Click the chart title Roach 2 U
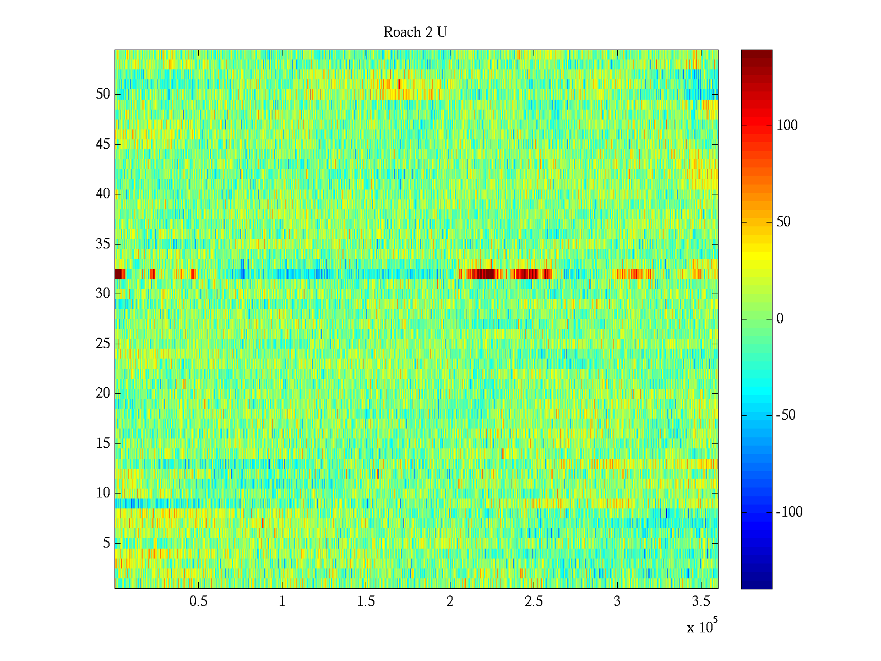point(415,32)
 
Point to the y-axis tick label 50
point(103,94)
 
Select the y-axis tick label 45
point(103,144)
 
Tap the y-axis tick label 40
point(103,194)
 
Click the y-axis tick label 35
point(103,244)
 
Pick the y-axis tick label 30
point(103,294)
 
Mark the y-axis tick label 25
point(103,344)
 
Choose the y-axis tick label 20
point(103,393)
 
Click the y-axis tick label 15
point(103,443)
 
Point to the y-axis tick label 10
point(103,493)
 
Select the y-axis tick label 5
point(106,543)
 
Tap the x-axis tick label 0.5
point(198,602)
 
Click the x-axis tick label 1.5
point(366,602)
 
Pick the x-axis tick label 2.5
point(534,602)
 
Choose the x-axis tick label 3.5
point(701,602)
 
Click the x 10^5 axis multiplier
point(700,627)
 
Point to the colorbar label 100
point(787,126)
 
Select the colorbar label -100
point(789,512)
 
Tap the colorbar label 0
point(780,319)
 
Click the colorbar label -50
point(786,415)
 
